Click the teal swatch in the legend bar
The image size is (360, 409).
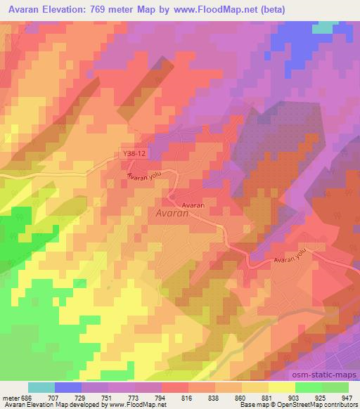click(x=41, y=387)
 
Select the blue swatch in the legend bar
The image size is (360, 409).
click(x=68, y=387)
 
